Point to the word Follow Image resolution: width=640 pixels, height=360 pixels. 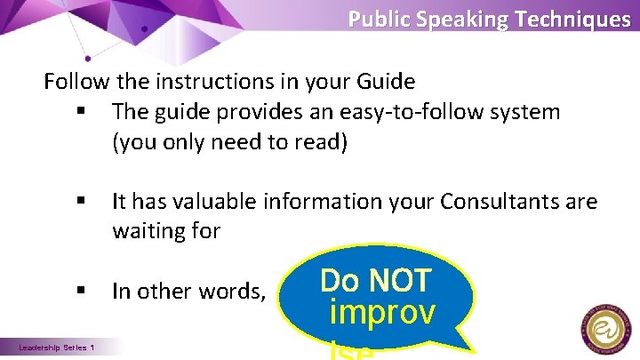pyautogui.click(x=77, y=83)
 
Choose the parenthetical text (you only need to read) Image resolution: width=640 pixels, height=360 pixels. pyautogui.click(x=228, y=142)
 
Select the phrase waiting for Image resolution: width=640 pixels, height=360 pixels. pyautogui.click(x=165, y=231)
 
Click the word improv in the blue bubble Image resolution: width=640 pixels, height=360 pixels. pyautogui.click(x=381, y=313)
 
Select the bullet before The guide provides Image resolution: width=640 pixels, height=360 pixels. pyautogui.click(x=81, y=113)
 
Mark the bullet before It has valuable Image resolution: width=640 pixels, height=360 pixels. pyautogui.click(x=81, y=203)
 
